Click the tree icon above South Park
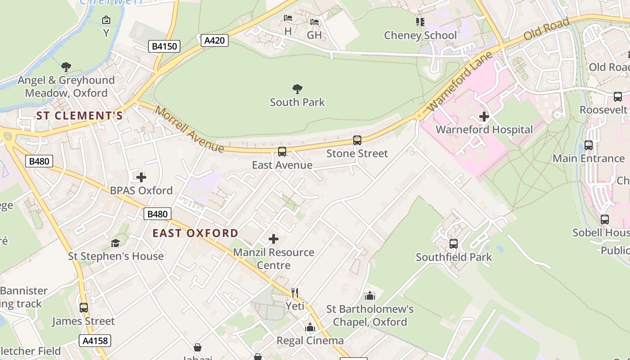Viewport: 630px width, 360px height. click(x=297, y=89)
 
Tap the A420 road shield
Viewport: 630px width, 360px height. click(x=214, y=40)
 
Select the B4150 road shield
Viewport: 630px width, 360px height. click(x=164, y=46)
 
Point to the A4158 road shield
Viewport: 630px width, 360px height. click(x=95, y=341)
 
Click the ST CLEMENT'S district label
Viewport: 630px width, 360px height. click(x=79, y=116)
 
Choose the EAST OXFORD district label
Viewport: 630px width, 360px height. click(x=195, y=233)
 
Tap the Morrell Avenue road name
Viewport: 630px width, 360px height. click(x=189, y=129)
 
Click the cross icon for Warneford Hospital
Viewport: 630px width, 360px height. click(x=484, y=117)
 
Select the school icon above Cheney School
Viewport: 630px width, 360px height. click(x=420, y=22)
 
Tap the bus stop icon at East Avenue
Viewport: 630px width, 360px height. click(x=282, y=152)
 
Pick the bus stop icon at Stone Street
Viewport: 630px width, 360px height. click(x=357, y=140)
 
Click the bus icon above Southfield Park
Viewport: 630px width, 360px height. click(x=454, y=244)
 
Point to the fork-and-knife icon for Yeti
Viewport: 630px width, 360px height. click(x=295, y=293)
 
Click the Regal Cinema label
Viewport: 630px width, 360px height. click(x=310, y=341)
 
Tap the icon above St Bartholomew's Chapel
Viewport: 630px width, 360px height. click(x=370, y=296)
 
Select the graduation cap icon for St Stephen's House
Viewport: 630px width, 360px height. click(x=116, y=243)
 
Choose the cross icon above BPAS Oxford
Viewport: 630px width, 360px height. click(x=141, y=177)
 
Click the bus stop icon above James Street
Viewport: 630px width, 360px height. click(x=84, y=308)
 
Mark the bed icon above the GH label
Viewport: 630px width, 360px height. click(x=315, y=22)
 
